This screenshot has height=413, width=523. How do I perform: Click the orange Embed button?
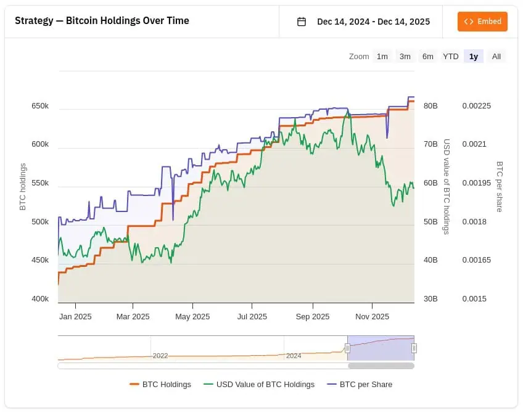tap(482, 22)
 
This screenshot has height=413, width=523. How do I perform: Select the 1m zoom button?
tap(382, 57)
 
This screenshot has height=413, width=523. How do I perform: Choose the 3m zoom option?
tap(405, 57)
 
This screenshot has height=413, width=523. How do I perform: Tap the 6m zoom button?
tap(428, 57)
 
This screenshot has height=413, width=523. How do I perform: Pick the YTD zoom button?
tap(451, 57)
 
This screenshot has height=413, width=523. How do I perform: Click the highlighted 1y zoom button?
tap(474, 57)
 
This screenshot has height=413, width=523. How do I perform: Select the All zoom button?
tap(496, 57)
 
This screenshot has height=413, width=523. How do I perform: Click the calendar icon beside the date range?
tap(302, 22)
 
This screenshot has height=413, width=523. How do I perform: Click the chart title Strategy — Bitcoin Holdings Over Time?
tap(102, 21)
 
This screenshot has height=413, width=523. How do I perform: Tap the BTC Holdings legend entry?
tap(160, 385)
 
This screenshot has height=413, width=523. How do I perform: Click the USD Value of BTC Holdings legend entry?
tap(259, 385)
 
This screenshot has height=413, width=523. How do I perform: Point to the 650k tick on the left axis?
tap(40, 106)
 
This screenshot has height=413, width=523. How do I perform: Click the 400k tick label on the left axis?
tap(40, 299)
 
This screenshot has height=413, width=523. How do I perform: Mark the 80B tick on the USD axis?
tap(430, 106)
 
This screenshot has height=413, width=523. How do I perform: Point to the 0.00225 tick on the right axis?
tap(477, 106)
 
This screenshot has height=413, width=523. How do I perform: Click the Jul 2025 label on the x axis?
tap(252, 317)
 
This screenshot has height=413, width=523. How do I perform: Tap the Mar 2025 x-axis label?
tap(133, 317)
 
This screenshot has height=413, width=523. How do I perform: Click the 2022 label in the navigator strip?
tap(160, 356)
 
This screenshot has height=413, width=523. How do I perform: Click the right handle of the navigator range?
tap(414, 348)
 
